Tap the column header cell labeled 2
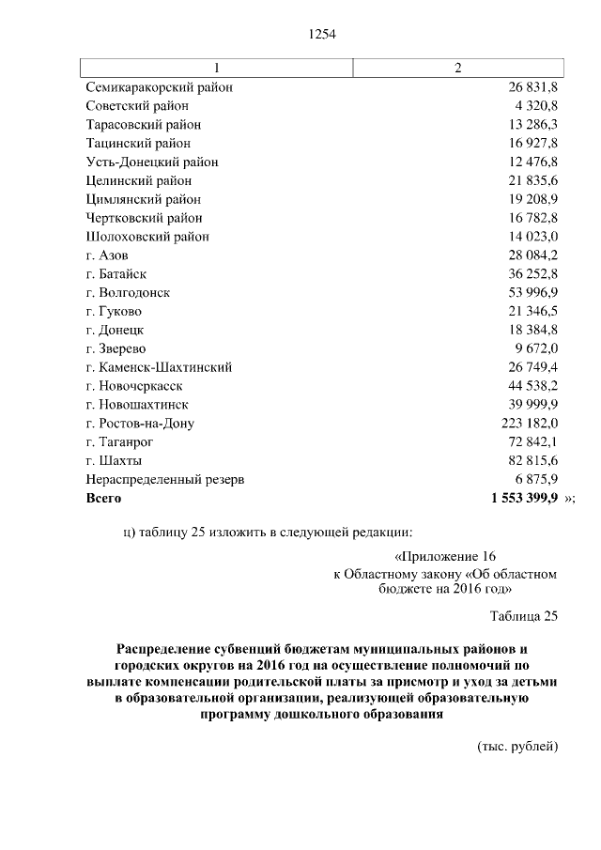click(457, 69)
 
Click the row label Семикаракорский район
click(159, 87)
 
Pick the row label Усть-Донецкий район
click(151, 162)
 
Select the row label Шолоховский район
click(147, 237)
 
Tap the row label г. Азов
click(107, 255)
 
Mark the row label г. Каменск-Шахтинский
click(159, 367)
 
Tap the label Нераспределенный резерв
click(164, 479)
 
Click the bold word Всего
click(103, 498)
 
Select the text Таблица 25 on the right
click(524, 616)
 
